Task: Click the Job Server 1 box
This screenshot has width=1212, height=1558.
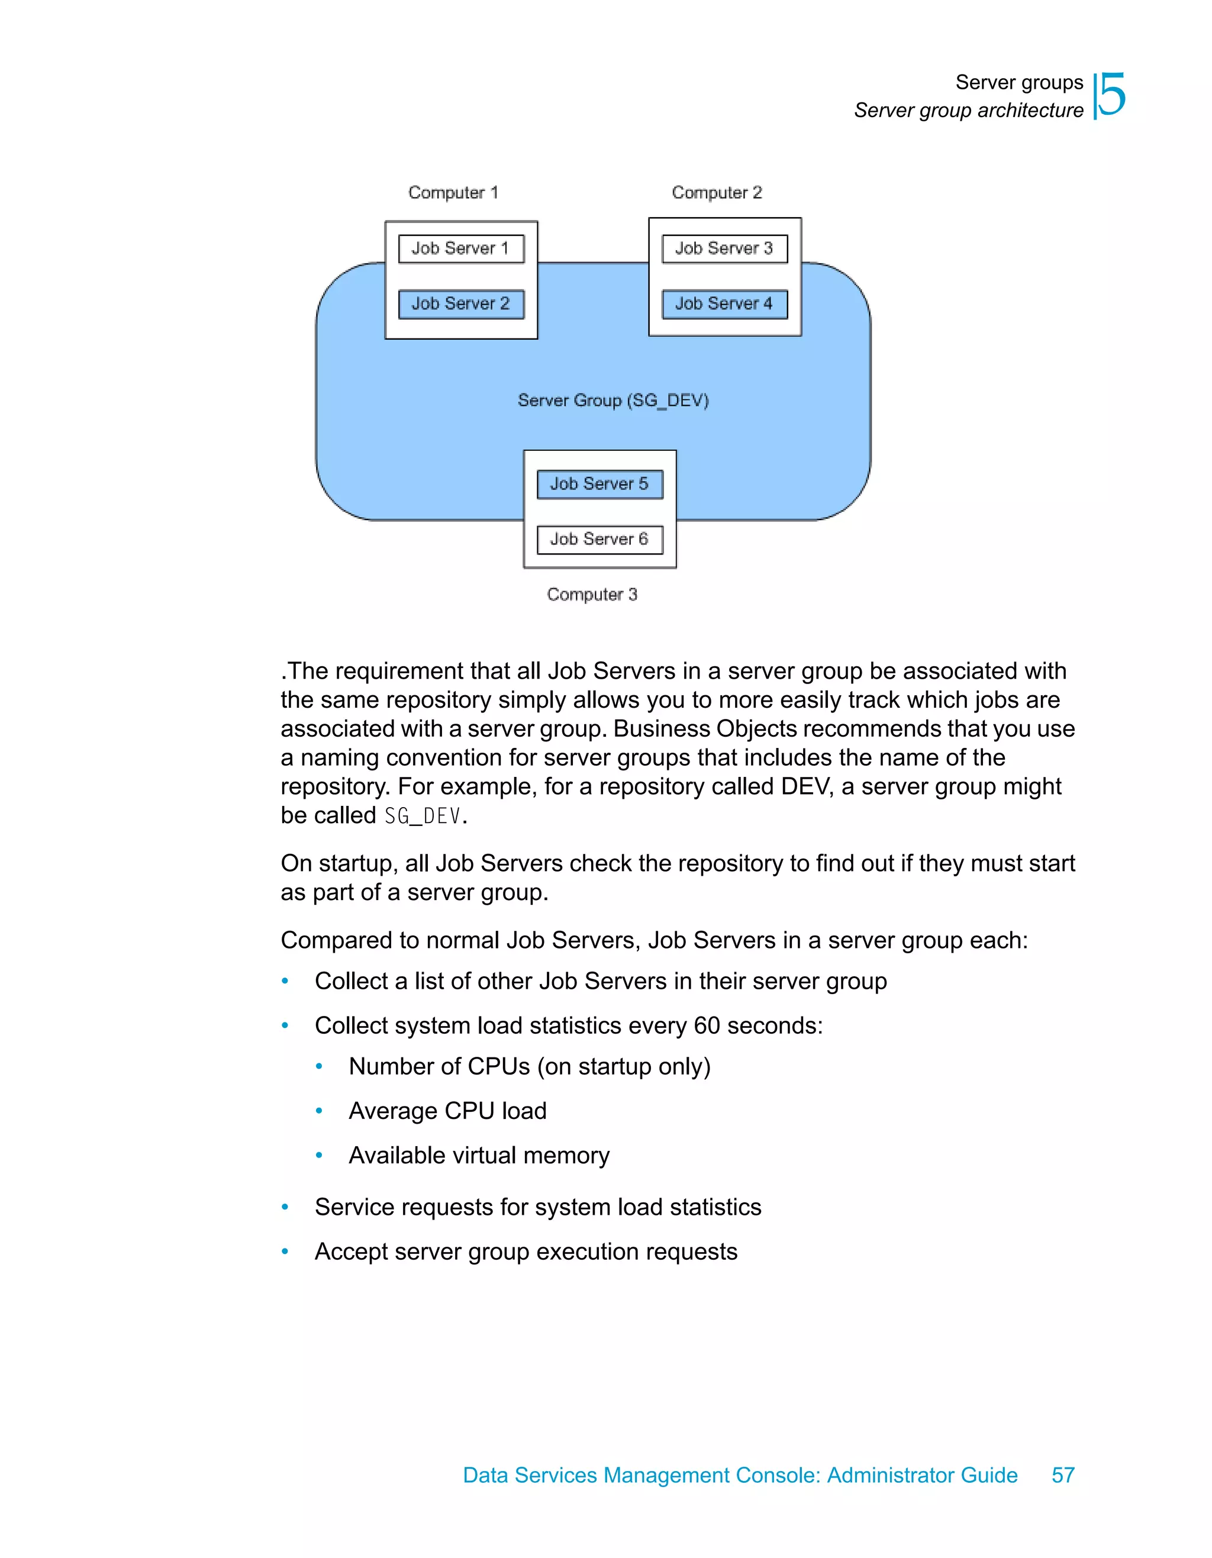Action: pyautogui.click(x=461, y=249)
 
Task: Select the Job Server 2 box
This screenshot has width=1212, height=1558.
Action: pyautogui.click(x=461, y=304)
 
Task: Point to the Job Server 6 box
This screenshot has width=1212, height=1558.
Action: pyautogui.click(x=599, y=539)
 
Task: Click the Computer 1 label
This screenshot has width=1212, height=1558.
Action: pyautogui.click(x=453, y=193)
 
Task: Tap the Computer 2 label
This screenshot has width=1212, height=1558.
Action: pyautogui.click(x=717, y=193)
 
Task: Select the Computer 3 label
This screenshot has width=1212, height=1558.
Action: pyautogui.click(x=592, y=594)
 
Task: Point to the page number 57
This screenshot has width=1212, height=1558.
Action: pyautogui.click(x=1063, y=1475)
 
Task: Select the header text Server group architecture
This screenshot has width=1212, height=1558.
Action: pyautogui.click(x=968, y=111)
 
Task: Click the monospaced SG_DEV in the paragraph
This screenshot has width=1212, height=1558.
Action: pyautogui.click(x=423, y=815)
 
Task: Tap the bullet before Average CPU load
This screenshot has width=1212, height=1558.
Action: pyautogui.click(x=319, y=1111)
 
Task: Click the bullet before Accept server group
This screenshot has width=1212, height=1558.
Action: pyautogui.click(x=285, y=1251)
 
